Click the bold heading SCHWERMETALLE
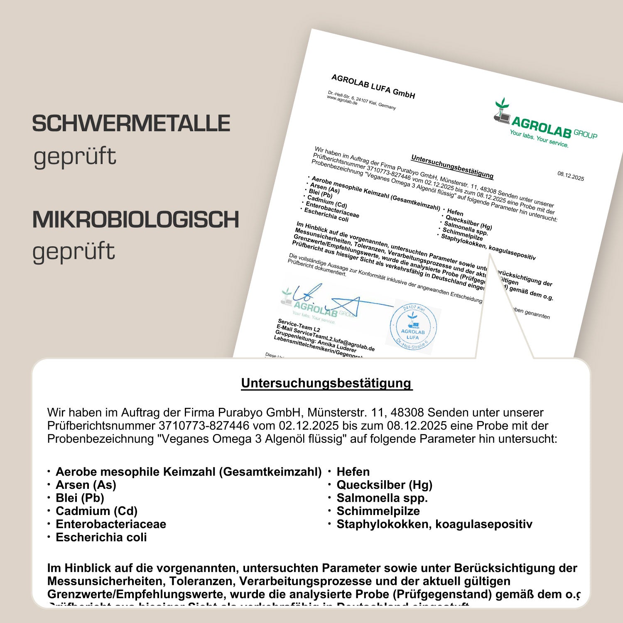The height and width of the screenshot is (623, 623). pyautogui.click(x=131, y=123)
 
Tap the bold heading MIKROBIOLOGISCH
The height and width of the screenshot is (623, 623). pyautogui.click(x=136, y=219)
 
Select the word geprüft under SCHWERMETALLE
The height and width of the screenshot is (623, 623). pyautogui.click(x=75, y=157)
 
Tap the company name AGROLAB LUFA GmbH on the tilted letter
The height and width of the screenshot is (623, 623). pyautogui.click(x=373, y=86)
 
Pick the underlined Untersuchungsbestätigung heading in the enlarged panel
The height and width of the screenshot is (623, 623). pyautogui.click(x=326, y=383)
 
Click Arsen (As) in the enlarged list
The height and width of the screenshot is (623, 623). pyautogui.click(x=86, y=485)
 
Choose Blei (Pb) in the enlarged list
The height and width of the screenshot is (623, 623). pyautogui.click(x=80, y=498)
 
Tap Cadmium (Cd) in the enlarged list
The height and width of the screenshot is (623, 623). pyautogui.click(x=96, y=511)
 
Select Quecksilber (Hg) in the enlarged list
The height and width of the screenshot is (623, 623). pyautogui.click(x=385, y=485)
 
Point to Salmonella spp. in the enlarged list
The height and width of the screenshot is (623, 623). pyautogui.click(x=382, y=498)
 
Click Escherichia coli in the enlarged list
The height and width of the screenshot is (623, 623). pyautogui.click(x=101, y=537)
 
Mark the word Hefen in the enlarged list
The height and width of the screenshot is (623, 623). pyautogui.click(x=353, y=472)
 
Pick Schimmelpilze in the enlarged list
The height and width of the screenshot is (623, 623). pyautogui.click(x=378, y=511)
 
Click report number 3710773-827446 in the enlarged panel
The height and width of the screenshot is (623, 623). pyautogui.click(x=204, y=426)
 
